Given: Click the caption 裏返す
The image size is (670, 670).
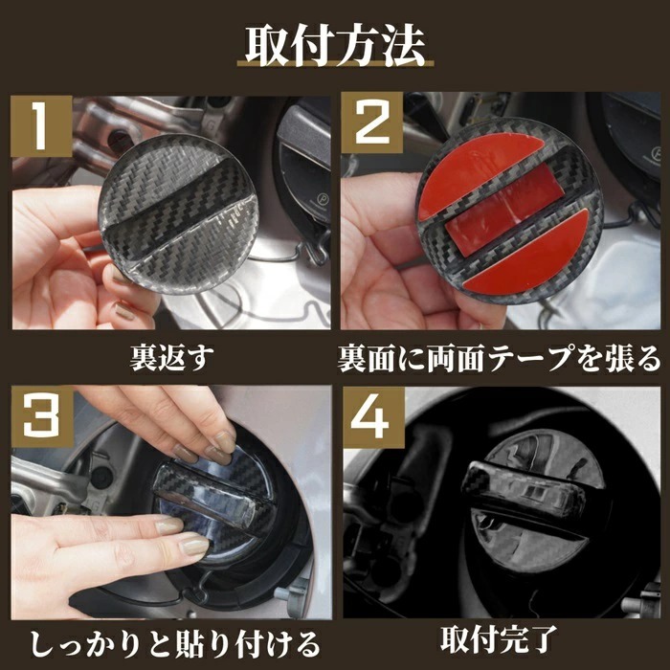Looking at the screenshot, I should (x=170, y=358).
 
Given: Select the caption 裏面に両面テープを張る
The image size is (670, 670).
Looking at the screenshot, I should (x=499, y=358).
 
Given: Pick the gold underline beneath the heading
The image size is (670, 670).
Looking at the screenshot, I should (x=335, y=72).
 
